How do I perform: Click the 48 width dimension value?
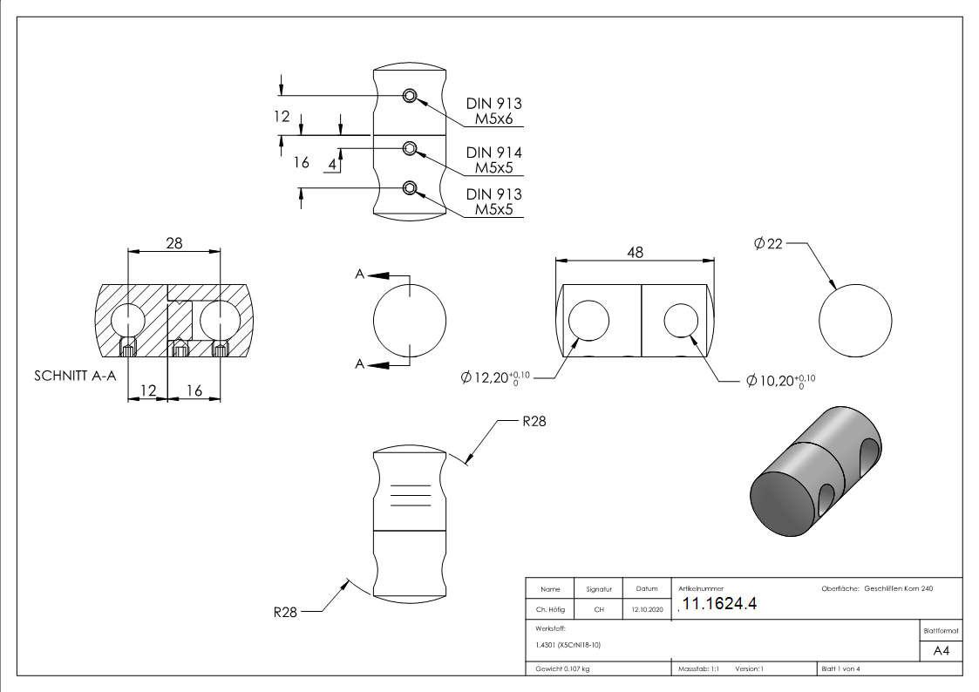635,252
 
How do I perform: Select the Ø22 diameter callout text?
767,244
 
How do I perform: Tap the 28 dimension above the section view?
173,243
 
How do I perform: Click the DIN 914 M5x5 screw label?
493,159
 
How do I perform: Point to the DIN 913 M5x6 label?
493,111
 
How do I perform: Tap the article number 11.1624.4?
718,603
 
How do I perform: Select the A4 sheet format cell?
942,651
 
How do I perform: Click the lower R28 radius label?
286,612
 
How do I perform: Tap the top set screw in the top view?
410,96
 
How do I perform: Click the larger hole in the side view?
588,322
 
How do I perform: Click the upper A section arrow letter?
359,275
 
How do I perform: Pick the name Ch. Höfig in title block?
550,610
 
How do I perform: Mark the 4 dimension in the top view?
332,163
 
